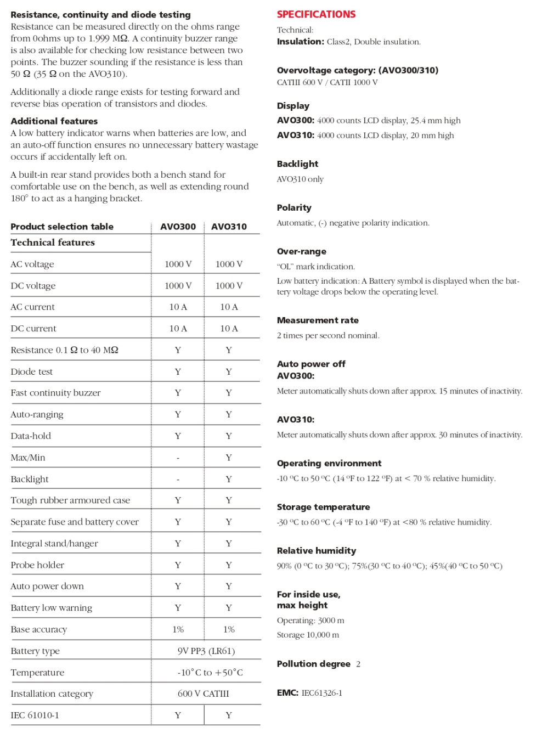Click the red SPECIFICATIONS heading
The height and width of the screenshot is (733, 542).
coord(316,14)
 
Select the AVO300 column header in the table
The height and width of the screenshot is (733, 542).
coord(178,227)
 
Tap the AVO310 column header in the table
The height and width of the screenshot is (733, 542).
coord(229,227)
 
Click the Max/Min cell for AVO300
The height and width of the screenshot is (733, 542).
coord(178,458)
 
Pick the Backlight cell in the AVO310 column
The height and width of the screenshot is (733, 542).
coord(229,479)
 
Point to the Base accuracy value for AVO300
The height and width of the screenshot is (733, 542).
coord(178,629)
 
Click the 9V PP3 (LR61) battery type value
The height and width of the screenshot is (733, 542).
coord(206,651)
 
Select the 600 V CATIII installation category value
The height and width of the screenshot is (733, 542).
coord(204,693)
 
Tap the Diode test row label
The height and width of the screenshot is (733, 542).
coord(32,371)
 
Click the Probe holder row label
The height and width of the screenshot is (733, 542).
coord(37,565)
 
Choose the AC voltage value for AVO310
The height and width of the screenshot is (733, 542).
coord(229,264)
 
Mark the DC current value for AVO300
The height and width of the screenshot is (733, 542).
coord(178,328)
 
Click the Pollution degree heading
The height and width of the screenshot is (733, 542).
coord(313,664)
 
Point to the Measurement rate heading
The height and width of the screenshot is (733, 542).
coord(318,320)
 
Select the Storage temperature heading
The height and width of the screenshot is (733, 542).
coord(323,507)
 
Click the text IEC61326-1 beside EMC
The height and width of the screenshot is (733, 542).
coord(322,693)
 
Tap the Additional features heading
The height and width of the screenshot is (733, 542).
coord(54,121)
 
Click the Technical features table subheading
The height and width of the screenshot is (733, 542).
coord(53,243)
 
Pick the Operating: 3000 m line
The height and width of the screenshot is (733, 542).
coord(310,621)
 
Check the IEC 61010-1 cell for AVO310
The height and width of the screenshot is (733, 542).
coord(229,715)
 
